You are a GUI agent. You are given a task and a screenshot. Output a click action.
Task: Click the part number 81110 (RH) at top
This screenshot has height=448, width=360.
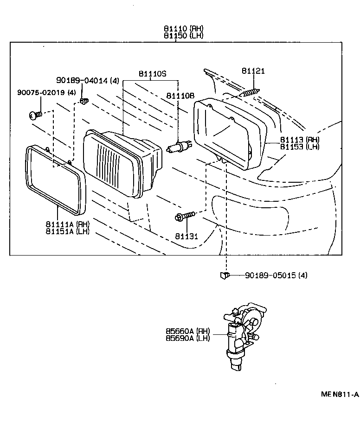coord(183,28)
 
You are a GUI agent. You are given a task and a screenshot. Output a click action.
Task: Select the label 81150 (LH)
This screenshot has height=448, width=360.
coord(183,35)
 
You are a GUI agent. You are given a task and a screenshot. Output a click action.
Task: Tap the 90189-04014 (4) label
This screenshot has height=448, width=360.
coord(87,81)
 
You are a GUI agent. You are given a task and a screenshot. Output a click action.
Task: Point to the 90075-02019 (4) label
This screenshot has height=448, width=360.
coord(46,93)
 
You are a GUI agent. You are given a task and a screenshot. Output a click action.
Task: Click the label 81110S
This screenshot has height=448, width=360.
coord(152,74)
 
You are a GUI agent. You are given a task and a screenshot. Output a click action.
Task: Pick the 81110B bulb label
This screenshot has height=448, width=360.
coord(180,96)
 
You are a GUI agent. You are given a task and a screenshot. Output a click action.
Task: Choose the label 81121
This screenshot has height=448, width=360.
coord(253,71)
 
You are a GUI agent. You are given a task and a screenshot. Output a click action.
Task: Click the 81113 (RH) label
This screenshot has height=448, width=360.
coord(299,140)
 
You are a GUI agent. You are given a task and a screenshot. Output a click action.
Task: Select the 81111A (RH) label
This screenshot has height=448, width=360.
coord(68,224)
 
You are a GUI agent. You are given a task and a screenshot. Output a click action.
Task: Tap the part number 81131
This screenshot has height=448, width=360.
coord(186,236)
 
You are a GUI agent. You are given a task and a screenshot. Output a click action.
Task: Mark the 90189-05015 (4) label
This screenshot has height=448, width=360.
coord(276,275)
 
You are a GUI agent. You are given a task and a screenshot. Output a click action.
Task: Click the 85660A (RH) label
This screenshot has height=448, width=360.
coord(188,331)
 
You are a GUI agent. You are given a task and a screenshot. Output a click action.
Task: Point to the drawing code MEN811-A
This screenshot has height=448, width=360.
coord(340,395)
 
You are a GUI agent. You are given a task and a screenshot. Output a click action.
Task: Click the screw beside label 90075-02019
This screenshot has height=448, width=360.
coord(36,115)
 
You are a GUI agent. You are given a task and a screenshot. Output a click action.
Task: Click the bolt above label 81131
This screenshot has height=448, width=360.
coord(185,216)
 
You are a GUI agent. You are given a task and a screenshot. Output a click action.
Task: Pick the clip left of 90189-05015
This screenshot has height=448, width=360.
coord(224,275)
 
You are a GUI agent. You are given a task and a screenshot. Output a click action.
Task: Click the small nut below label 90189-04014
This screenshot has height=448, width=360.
coord(84,101)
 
